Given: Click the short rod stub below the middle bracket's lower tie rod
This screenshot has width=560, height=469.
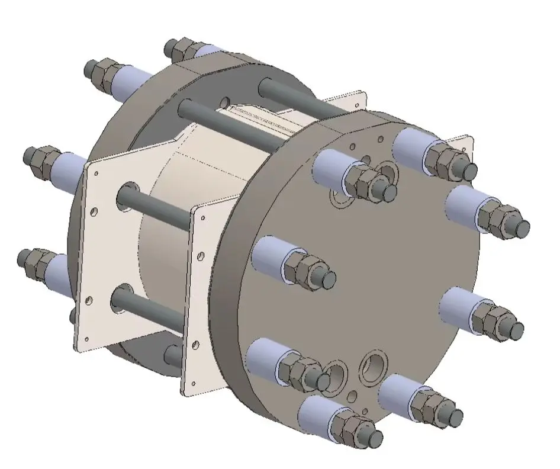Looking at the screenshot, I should coord(173,355).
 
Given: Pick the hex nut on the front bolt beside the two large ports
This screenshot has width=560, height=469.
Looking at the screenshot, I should coord(305,372).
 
